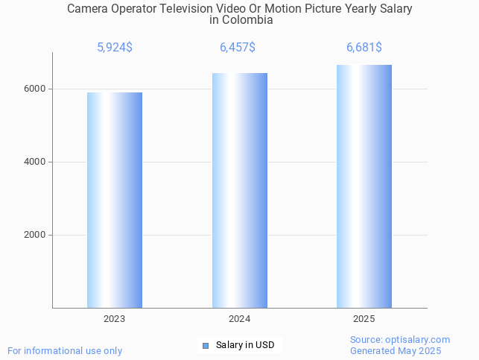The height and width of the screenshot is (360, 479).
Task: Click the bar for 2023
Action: (x=115, y=200)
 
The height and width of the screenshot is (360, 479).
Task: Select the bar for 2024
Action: (x=239, y=190)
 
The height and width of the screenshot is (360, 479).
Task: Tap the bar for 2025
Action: (x=364, y=186)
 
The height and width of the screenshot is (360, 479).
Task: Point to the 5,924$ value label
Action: (x=115, y=48)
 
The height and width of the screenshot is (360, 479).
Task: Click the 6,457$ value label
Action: (x=238, y=48)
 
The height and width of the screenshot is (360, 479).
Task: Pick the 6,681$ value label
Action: (x=364, y=48)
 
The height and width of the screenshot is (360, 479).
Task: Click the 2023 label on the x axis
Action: (x=115, y=319)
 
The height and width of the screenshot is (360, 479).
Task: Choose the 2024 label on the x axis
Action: (x=239, y=319)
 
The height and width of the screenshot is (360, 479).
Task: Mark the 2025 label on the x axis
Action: (x=364, y=319)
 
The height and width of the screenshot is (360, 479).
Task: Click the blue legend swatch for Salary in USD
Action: (x=206, y=345)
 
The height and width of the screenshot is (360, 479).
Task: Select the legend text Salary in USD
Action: (x=245, y=345)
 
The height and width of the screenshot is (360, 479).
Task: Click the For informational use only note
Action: (x=65, y=350)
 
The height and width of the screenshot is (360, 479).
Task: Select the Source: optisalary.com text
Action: (x=400, y=340)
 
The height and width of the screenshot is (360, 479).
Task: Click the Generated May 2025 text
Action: (x=396, y=351)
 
